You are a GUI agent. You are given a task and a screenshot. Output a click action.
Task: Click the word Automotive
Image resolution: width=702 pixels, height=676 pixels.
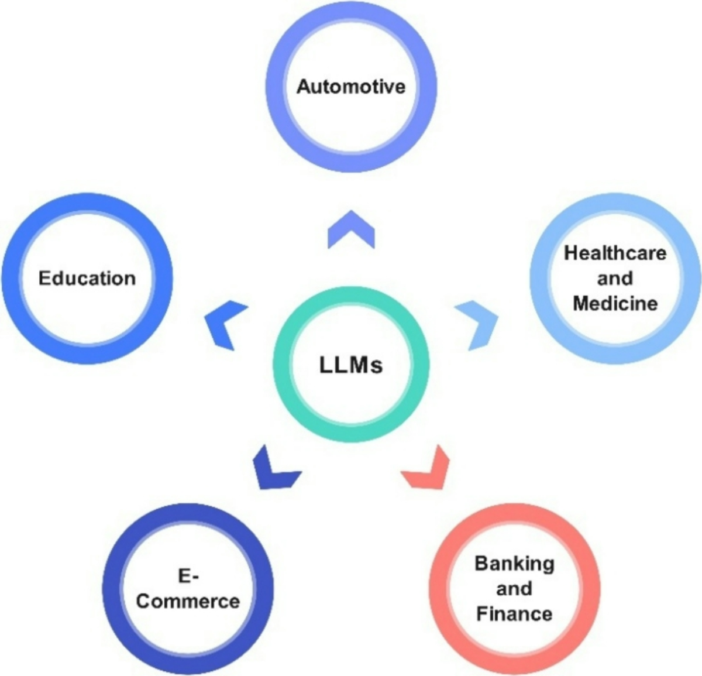tap(350, 87)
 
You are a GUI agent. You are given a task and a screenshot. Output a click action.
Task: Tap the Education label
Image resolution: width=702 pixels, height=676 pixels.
tap(87, 278)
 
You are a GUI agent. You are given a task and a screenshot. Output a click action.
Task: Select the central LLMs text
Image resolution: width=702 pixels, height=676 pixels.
tap(351, 365)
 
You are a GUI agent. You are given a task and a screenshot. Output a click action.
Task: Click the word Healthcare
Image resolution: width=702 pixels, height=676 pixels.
tap(615, 253)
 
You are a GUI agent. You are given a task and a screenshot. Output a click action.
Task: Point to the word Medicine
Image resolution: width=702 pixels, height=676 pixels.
tap(615, 303)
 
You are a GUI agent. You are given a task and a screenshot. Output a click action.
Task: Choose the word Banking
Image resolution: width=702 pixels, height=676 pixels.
tap(514, 564)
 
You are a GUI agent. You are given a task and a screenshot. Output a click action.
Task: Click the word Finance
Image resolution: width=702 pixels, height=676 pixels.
tap(514, 614)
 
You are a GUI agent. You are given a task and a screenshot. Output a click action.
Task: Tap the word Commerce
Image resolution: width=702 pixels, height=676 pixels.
tap(188, 601)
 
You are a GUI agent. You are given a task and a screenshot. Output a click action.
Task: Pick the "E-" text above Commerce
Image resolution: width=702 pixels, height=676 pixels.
tap(188, 577)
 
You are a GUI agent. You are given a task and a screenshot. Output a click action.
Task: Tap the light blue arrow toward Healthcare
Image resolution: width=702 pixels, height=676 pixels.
tap(479, 323)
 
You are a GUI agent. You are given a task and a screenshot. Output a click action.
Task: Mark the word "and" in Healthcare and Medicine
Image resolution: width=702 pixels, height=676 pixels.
tap(615, 278)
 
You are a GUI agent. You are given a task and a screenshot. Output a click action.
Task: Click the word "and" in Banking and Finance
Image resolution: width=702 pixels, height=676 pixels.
tap(514, 588)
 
